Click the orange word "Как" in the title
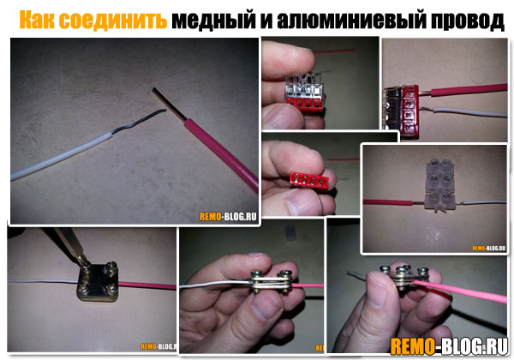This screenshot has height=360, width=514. pos(38,20)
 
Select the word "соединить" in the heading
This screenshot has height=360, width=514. pos(113,20)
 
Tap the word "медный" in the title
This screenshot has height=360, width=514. pos(213,21)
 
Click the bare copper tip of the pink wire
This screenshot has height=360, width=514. pos(169,105)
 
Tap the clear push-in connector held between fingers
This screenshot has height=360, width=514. pos(305,92)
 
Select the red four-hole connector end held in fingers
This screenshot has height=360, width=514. pos(309,180)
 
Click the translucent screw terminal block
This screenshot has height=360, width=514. pos(439,184)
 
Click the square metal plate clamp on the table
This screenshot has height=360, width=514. pos(98,281)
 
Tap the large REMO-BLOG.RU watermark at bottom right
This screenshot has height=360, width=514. pos(449,346)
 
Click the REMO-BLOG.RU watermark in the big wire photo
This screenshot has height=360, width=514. pos(228,216)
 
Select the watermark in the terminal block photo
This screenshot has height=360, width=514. pos(489,248)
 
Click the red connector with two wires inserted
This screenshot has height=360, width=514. pos(402,111)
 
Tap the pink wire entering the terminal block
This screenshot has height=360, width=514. pos(388,202)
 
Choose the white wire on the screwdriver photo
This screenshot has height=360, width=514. pos(43,281)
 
